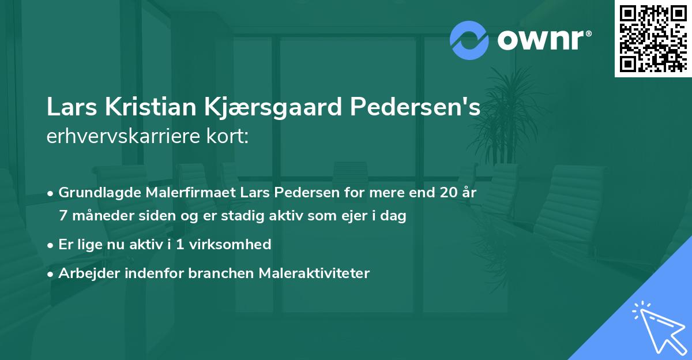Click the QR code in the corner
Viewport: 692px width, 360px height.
tap(653, 38)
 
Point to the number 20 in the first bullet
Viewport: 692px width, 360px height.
tap(447, 193)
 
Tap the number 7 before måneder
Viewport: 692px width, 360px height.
tap(63, 216)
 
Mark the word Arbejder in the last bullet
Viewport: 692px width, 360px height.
tap(85, 273)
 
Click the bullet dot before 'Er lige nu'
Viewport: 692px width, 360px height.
tap(51, 245)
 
